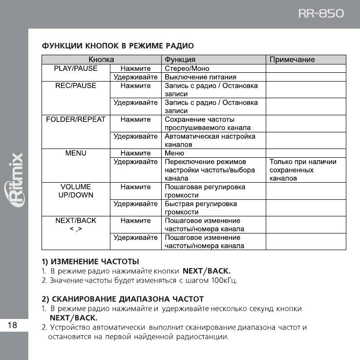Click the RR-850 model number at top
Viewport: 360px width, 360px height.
coord(321,13)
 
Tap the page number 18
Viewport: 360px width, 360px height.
coord(13,325)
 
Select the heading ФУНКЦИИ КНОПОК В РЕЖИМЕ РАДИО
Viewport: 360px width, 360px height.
coord(117,46)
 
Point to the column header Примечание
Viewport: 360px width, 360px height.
coord(292,60)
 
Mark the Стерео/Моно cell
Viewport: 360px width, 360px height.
coord(187,69)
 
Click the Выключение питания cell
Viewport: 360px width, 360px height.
coord(200,77)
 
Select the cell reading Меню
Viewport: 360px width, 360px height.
coord(174,153)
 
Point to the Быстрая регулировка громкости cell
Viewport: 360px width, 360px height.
coord(201,208)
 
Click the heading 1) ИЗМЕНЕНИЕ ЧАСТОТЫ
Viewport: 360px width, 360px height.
coord(90,261)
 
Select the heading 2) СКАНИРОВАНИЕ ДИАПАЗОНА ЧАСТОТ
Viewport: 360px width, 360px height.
coord(122,298)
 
